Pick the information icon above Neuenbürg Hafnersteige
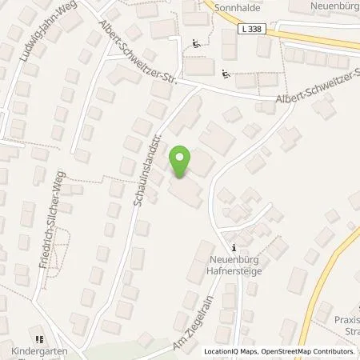pos(234,248)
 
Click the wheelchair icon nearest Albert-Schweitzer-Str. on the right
pos(226,76)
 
